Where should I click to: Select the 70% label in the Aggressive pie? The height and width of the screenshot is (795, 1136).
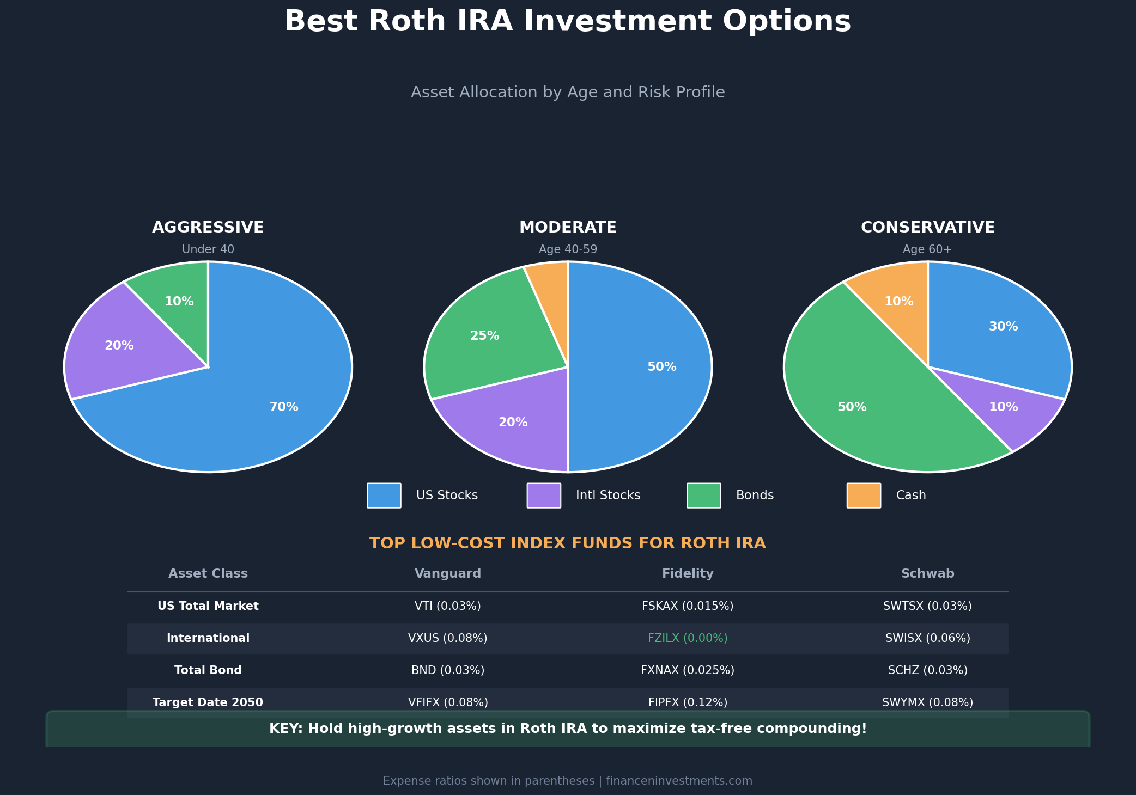284,407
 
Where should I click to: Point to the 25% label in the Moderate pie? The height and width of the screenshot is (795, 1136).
485,336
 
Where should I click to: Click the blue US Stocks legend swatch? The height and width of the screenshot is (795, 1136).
384,496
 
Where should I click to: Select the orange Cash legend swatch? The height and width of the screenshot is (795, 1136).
864,496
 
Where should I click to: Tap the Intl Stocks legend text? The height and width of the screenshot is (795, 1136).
608,496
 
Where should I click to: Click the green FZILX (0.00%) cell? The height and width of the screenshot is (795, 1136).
688,638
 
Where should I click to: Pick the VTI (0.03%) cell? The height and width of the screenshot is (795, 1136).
448,606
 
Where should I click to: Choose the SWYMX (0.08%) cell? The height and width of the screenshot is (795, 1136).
927,702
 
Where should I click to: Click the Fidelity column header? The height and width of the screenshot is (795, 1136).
688,573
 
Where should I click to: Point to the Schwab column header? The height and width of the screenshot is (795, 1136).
927,573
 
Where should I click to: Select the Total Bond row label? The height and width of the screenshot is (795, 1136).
208,670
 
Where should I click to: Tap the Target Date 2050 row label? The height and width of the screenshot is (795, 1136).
208,702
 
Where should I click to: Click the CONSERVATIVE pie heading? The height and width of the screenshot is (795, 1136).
927,228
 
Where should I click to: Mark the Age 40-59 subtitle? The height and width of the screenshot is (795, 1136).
568,249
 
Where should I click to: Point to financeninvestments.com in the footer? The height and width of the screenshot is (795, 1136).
679,781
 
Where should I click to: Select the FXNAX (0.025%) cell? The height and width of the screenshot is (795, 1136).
688,670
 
